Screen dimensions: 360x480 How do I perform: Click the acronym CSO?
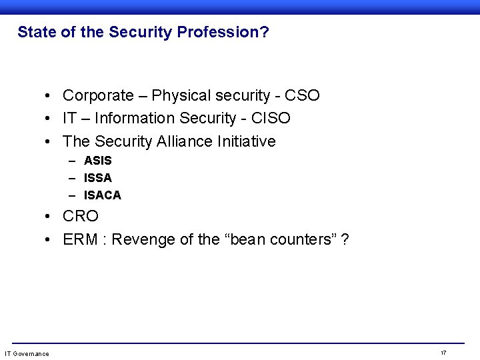tap(303, 95)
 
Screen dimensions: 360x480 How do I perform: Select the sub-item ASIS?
tap(97, 161)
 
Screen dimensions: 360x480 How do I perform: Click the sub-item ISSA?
tap(97, 178)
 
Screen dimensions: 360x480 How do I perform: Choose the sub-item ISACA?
tap(102, 195)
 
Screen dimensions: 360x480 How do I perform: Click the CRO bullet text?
tap(81, 217)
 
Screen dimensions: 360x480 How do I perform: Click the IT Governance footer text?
tap(27, 353)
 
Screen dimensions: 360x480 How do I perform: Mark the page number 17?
tap(443, 352)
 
